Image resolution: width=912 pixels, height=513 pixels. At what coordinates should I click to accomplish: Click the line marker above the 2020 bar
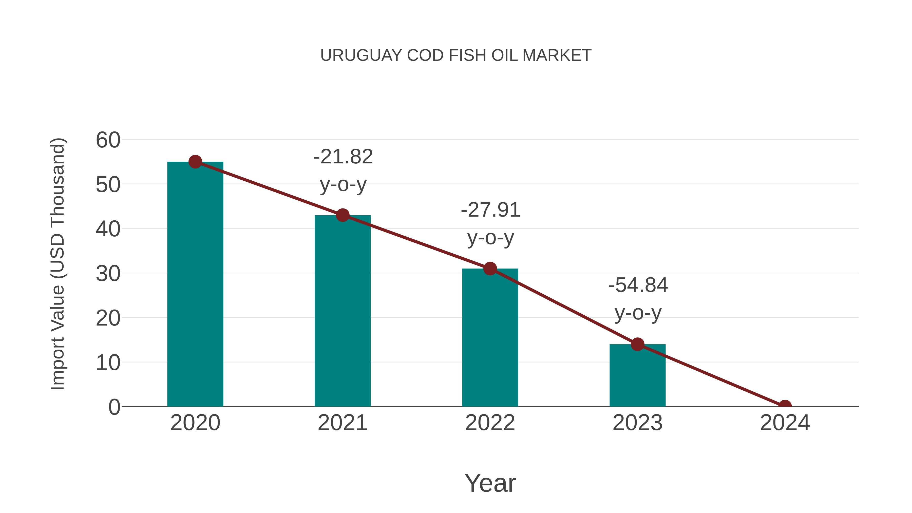(195, 162)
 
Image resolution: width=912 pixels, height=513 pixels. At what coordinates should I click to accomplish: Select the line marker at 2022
(490, 269)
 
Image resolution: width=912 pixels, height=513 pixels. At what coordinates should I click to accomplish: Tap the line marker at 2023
(637, 344)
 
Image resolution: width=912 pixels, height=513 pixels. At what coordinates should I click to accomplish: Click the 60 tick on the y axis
(108, 140)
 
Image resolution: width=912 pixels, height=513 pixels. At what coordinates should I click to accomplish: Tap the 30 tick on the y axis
(108, 273)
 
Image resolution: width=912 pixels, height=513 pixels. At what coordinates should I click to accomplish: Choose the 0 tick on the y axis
(114, 407)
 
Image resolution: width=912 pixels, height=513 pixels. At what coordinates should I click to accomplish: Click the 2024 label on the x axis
(785, 423)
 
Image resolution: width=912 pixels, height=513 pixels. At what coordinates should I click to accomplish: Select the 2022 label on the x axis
(490, 423)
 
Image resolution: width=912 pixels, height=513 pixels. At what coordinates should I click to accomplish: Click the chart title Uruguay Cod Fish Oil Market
(456, 55)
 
